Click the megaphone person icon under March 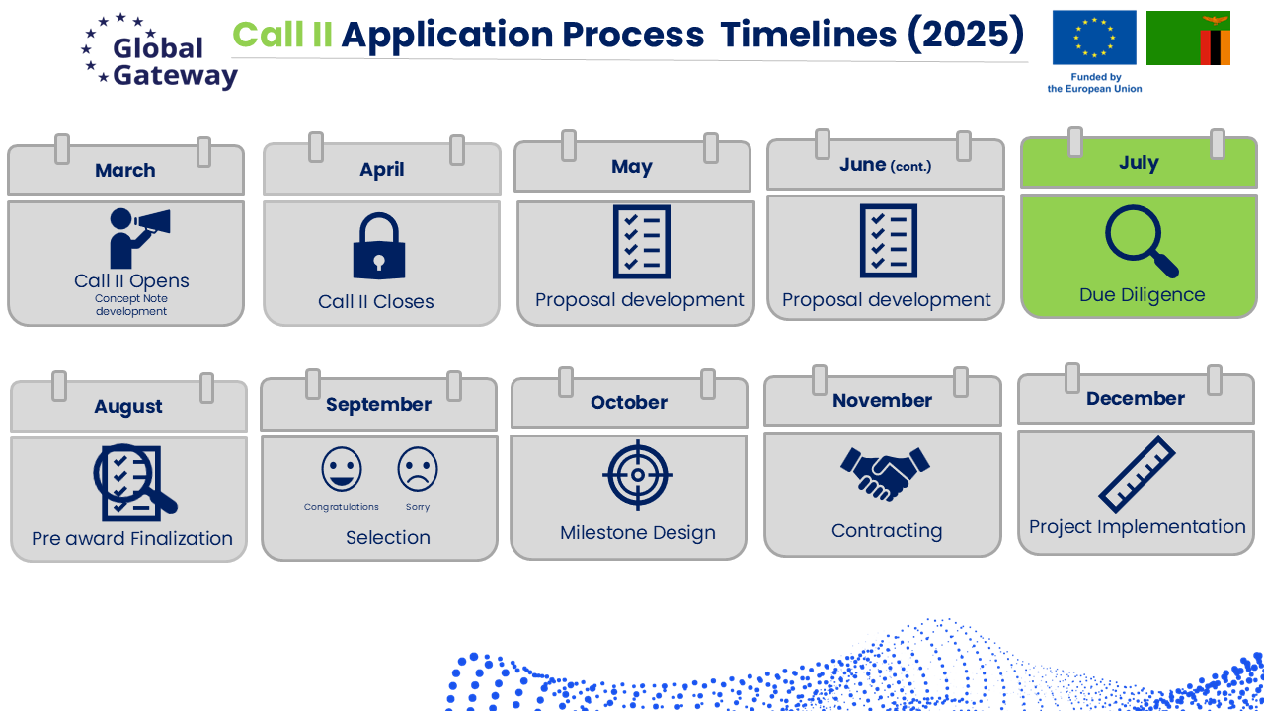[x=139, y=238]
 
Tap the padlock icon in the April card [x=379, y=246]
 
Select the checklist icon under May [x=642, y=242]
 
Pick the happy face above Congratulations [x=342, y=469]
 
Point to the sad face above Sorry [x=418, y=469]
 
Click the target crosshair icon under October [x=638, y=475]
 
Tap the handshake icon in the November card [x=885, y=474]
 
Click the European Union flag [x=1094, y=38]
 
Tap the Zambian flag [x=1188, y=38]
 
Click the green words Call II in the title [x=282, y=35]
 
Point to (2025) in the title [x=966, y=35]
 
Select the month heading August [x=128, y=406]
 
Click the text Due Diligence [x=1143, y=294]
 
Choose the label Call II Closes [x=376, y=301]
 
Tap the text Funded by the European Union [x=1095, y=82]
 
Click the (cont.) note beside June [x=910, y=167]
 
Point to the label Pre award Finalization [x=132, y=538]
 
